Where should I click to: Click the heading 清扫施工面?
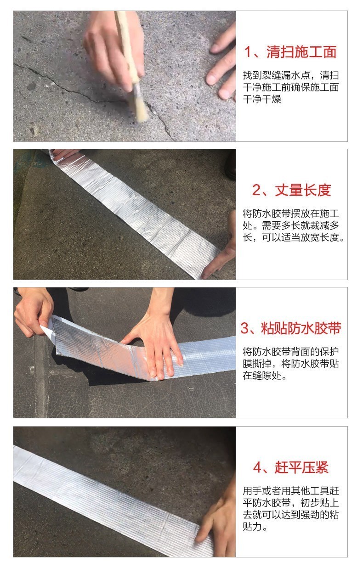(x=301, y=52)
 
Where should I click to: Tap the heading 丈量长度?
(x=303, y=190)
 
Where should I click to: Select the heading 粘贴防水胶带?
(x=301, y=328)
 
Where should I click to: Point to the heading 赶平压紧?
(x=301, y=467)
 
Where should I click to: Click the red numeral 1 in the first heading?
(x=248, y=52)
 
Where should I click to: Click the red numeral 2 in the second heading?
(x=256, y=190)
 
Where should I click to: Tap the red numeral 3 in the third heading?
(x=245, y=328)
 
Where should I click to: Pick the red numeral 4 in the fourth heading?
(x=257, y=467)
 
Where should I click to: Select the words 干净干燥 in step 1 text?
(x=262, y=99)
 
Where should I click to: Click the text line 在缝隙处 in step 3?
(x=265, y=376)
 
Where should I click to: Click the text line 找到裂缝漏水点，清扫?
(x=291, y=75)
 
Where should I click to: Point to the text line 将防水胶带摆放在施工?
(x=291, y=214)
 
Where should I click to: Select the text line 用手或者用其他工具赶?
(x=291, y=491)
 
